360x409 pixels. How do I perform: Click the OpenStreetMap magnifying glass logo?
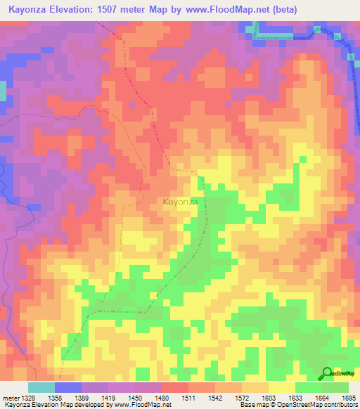326,373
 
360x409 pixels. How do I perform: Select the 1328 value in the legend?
28,398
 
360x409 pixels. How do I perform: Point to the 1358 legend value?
54,398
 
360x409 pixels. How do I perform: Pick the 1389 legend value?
81,398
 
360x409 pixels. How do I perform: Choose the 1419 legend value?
108,398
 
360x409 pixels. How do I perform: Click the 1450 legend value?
134,398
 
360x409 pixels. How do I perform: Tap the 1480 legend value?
161,398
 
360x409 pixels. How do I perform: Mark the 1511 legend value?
188,398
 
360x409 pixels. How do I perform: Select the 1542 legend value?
214,398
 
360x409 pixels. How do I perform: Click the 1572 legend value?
241,398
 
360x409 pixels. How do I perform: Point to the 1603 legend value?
268,398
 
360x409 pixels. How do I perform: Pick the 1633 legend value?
295,398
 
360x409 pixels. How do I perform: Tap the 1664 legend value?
321,398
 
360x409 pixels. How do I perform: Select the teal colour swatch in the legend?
41,387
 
